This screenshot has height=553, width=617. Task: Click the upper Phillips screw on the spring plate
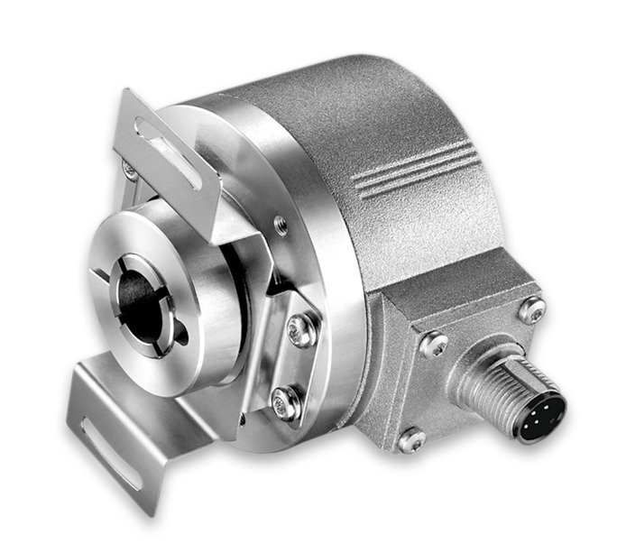click(300, 330)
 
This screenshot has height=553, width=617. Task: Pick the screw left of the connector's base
click(433, 344)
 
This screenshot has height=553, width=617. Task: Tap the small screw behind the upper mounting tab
click(130, 169)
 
